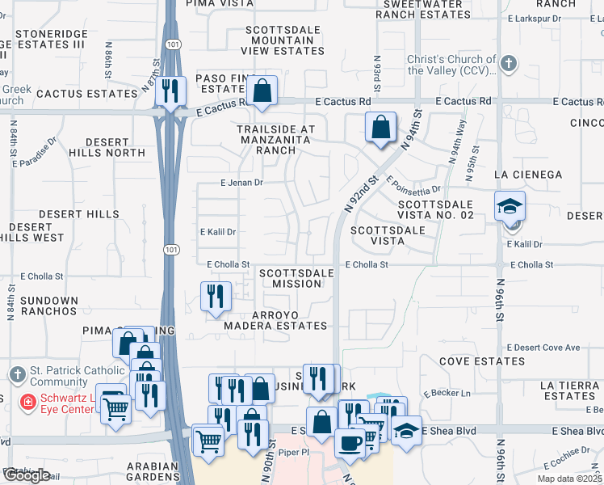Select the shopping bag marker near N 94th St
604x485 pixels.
380,126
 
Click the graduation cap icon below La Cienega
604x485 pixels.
510,205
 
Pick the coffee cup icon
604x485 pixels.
350,443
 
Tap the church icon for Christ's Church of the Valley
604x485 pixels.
509,64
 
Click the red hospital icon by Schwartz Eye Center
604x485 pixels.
27,401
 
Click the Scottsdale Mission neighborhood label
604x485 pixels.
296,278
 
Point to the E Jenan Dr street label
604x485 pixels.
242,183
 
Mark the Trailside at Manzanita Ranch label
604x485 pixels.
275,139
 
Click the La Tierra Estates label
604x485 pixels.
569,390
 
